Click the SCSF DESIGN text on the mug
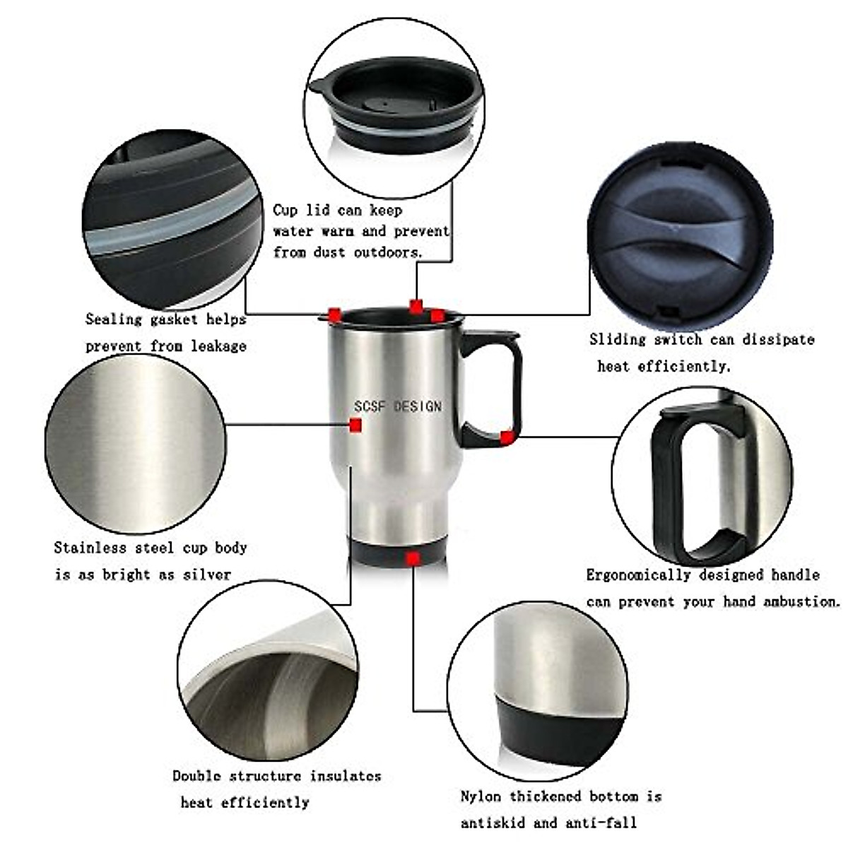point(398,406)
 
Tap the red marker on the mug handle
point(506,437)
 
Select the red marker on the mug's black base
point(413,558)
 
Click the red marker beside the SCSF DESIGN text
point(355,425)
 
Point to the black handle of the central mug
point(495,389)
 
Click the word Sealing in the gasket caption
point(114,319)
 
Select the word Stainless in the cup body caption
point(90,548)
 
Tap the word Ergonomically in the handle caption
point(638,575)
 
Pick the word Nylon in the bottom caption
point(481,796)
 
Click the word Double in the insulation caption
point(196,776)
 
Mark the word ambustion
point(801,602)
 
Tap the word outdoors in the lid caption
point(388,252)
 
